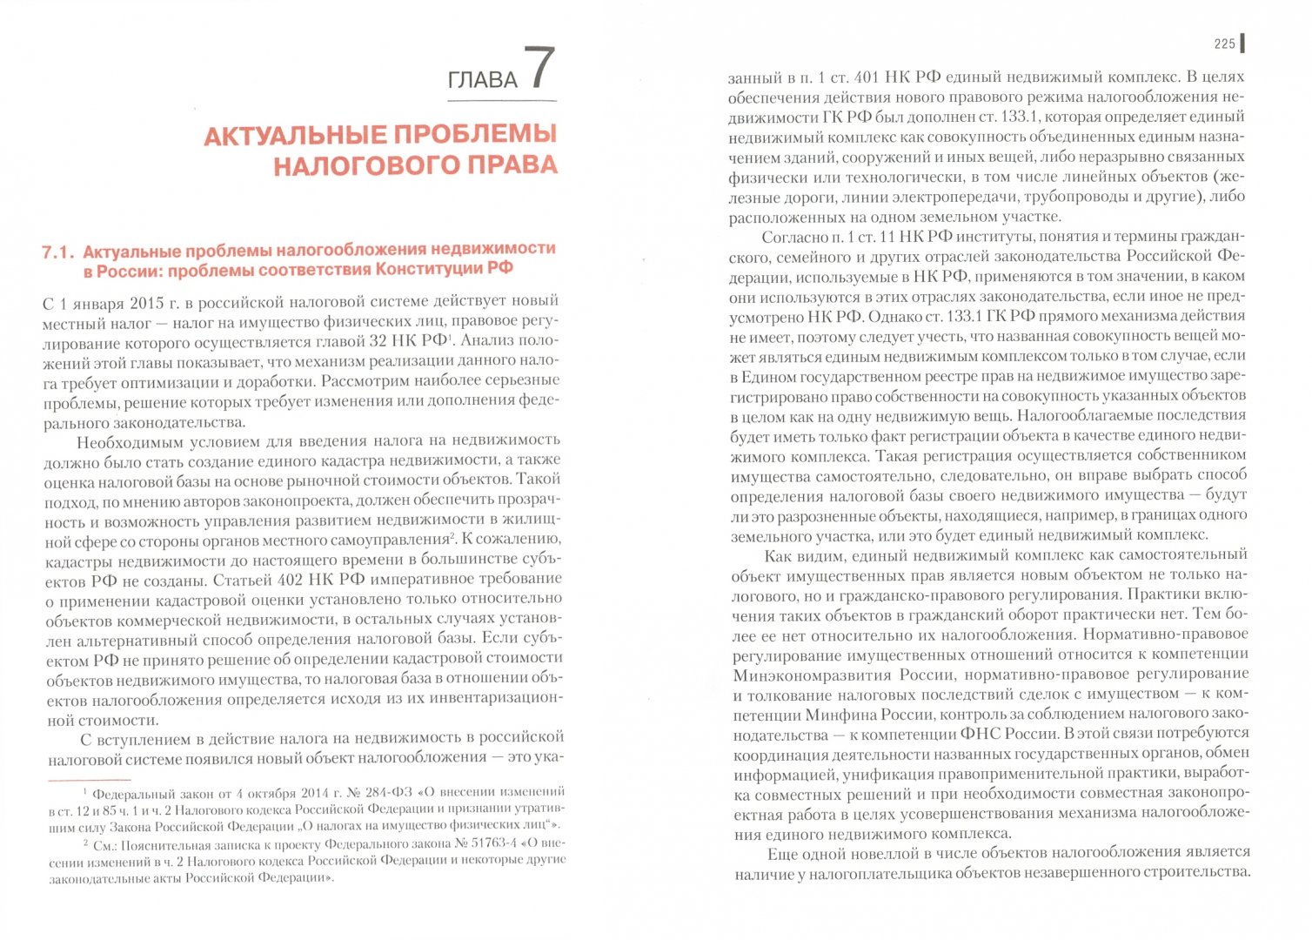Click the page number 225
click(1224, 44)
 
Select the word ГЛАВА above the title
click(482, 80)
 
